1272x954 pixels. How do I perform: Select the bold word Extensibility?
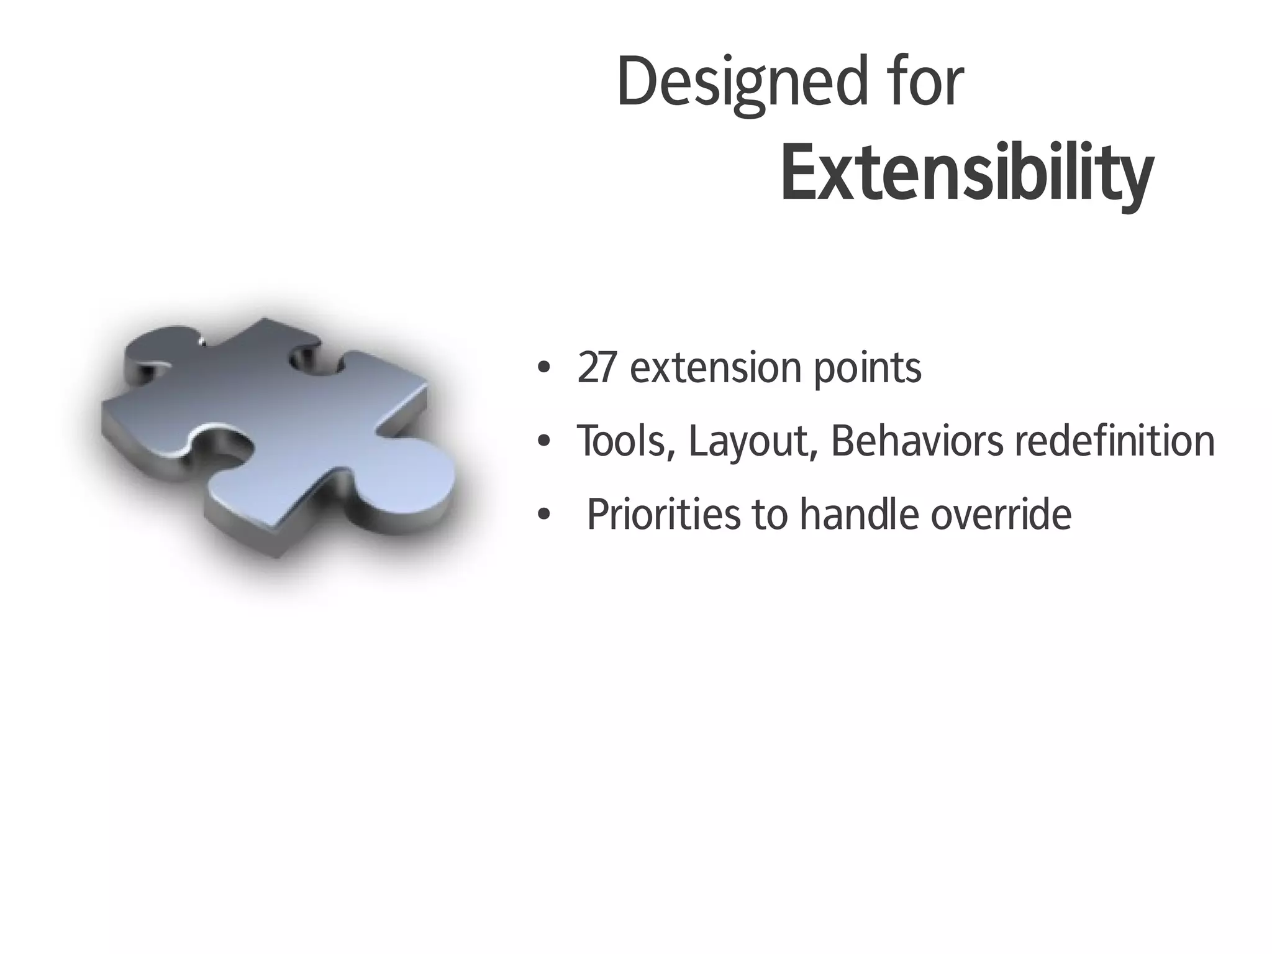pyautogui.click(x=966, y=174)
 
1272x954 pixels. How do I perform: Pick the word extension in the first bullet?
pyautogui.click(x=715, y=368)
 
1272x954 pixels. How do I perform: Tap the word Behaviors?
pyautogui.click(x=916, y=441)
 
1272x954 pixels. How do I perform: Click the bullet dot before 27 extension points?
pyautogui.click(x=544, y=368)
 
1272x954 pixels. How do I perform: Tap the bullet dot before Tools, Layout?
pyautogui.click(x=544, y=442)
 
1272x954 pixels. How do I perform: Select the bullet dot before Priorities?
pyautogui.click(x=544, y=515)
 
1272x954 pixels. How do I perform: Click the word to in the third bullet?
pyautogui.click(x=771, y=515)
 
